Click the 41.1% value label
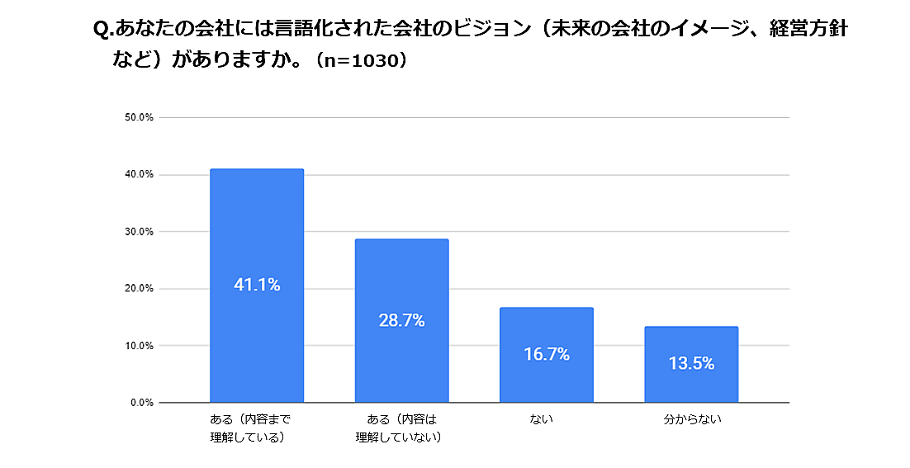[257, 286]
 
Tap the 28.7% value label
[401, 321]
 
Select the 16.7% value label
[547, 355]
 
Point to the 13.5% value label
[691, 364]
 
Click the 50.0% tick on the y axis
[140, 118]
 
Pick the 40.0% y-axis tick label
[140, 175]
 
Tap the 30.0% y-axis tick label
[140, 232]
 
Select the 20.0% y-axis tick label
[140, 289]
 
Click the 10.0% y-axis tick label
[140, 346]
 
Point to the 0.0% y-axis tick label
[142, 403]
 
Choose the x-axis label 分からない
[692, 419]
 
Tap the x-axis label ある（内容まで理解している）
[251, 428]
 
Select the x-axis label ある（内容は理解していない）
[398, 428]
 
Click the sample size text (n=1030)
[358, 60]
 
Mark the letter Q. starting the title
[103, 30]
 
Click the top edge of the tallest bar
[257, 170]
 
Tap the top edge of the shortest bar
[691, 328]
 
